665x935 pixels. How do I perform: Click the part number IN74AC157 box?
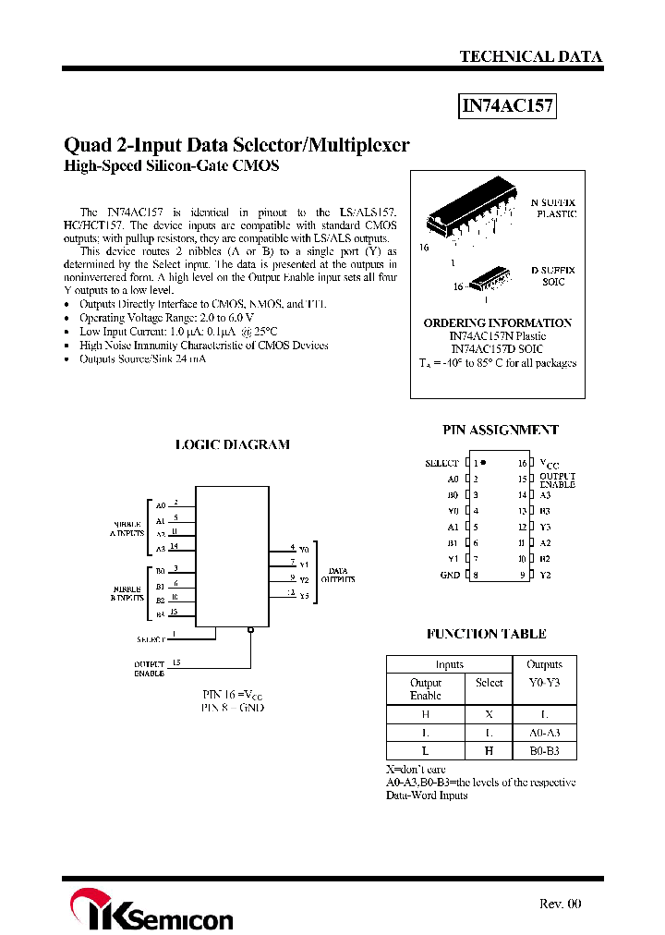pyautogui.click(x=508, y=106)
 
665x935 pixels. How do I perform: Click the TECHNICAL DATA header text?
pyautogui.click(x=531, y=56)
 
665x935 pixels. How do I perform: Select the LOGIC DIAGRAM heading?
pyautogui.click(x=233, y=444)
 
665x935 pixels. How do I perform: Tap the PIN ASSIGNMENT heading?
pyautogui.click(x=501, y=430)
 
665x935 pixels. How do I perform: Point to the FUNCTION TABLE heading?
pyautogui.click(x=487, y=634)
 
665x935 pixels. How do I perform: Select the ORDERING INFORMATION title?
pyautogui.click(x=498, y=322)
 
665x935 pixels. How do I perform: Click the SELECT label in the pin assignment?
pyautogui.click(x=441, y=463)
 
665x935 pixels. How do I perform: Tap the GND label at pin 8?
pyautogui.click(x=449, y=575)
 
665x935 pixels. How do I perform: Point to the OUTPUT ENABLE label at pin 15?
pyautogui.click(x=558, y=480)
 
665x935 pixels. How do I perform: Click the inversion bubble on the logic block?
pyautogui.click(x=250, y=630)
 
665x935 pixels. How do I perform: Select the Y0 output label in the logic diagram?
pyautogui.click(x=304, y=550)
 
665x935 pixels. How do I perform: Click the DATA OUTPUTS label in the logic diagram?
pyautogui.click(x=339, y=575)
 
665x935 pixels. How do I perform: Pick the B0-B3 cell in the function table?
pyautogui.click(x=544, y=751)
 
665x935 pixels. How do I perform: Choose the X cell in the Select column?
pyautogui.click(x=489, y=714)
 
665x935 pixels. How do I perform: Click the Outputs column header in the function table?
pyautogui.click(x=544, y=664)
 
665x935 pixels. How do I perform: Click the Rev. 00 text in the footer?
pyautogui.click(x=561, y=904)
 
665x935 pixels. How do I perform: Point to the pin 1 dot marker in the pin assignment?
pyautogui.click(x=484, y=462)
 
